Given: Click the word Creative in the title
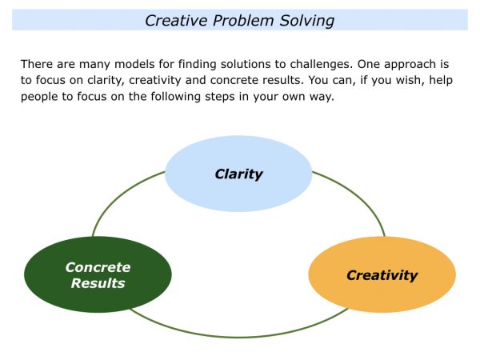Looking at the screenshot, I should [x=174, y=20].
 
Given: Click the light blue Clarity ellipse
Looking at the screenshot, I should [x=238, y=174].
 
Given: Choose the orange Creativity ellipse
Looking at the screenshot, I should [x=382, y=275].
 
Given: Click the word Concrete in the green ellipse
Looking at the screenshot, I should [x=98, y=267].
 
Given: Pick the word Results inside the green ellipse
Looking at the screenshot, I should [x=98, y=283].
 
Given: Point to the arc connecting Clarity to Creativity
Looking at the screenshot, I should [x=360, y=200].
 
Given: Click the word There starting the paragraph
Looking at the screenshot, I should [x=38, y=62].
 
